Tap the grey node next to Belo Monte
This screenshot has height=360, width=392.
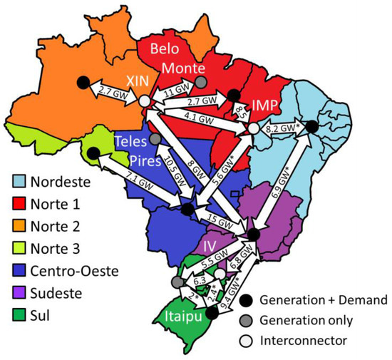[202, 82]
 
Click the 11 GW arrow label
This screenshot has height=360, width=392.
[175, 91]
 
